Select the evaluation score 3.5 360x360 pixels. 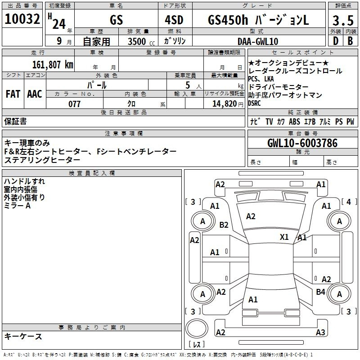click(342, 20)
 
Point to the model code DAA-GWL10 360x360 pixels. click(258, 41)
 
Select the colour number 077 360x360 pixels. click(74, 104)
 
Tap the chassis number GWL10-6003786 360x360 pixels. click(302, 143)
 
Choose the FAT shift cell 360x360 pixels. click(13, 94)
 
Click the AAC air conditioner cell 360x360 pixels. click(34, 94)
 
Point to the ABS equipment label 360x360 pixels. click(294, 121)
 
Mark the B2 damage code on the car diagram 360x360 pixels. click(224, 225)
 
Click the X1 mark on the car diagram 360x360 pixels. click(284, 237)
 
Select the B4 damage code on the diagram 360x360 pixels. click(320, 292)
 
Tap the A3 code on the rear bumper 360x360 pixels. click(320, 333)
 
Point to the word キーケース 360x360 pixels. click(23, 337)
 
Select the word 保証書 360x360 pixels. click(15, 121)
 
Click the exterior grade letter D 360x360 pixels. click(335, 41)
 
